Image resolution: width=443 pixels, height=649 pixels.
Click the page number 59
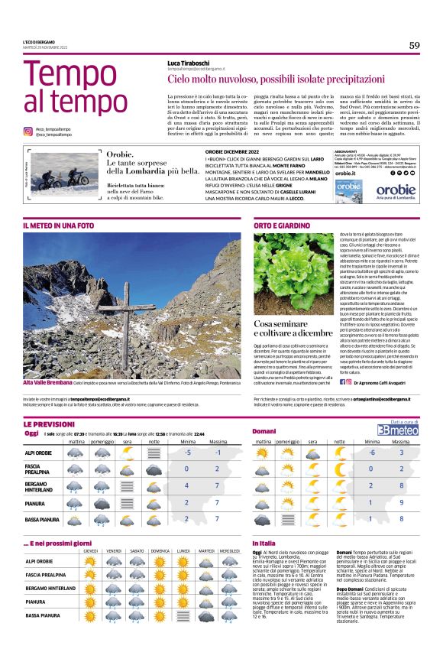(x=414, y=45)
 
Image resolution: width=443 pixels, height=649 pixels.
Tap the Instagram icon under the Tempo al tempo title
(x=27, y=131)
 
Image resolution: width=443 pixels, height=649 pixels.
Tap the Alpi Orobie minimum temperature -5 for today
(x=186, y=452)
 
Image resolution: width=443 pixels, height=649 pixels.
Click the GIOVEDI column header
(x=91, y=550)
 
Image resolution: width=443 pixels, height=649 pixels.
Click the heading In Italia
(x=264, y=543)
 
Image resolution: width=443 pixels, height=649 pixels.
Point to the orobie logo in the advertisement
(x=396, y=187)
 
